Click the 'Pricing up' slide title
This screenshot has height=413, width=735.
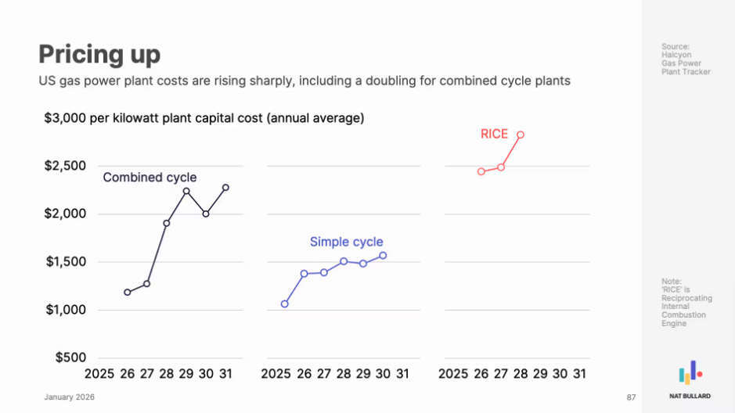[99, 54]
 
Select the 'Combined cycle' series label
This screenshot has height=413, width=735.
[150, 178]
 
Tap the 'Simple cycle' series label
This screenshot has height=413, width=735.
[346, 242]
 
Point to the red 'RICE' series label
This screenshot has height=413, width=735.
[494, 135]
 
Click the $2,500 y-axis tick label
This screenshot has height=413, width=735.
[65, 166]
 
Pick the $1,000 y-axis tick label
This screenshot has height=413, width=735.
[65, 310]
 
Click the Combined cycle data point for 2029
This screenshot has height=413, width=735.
[186, 191]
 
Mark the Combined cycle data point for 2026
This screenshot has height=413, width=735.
[128, 293]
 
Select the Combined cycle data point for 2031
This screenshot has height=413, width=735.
[225, 188]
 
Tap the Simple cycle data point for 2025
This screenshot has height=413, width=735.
[285, 303]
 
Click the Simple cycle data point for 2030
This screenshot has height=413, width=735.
[383, 256]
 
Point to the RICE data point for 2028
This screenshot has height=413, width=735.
[521, 135]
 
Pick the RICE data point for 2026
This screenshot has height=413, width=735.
[481, 171]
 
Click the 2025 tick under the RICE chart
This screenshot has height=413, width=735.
[453, 374]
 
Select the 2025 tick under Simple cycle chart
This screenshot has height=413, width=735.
[276, 374]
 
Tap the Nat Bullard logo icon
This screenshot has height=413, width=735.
[690, 373]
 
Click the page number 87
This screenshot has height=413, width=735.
[631, 398]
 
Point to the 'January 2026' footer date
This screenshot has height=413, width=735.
[69, 397]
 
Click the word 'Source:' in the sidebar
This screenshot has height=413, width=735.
[676, 47]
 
